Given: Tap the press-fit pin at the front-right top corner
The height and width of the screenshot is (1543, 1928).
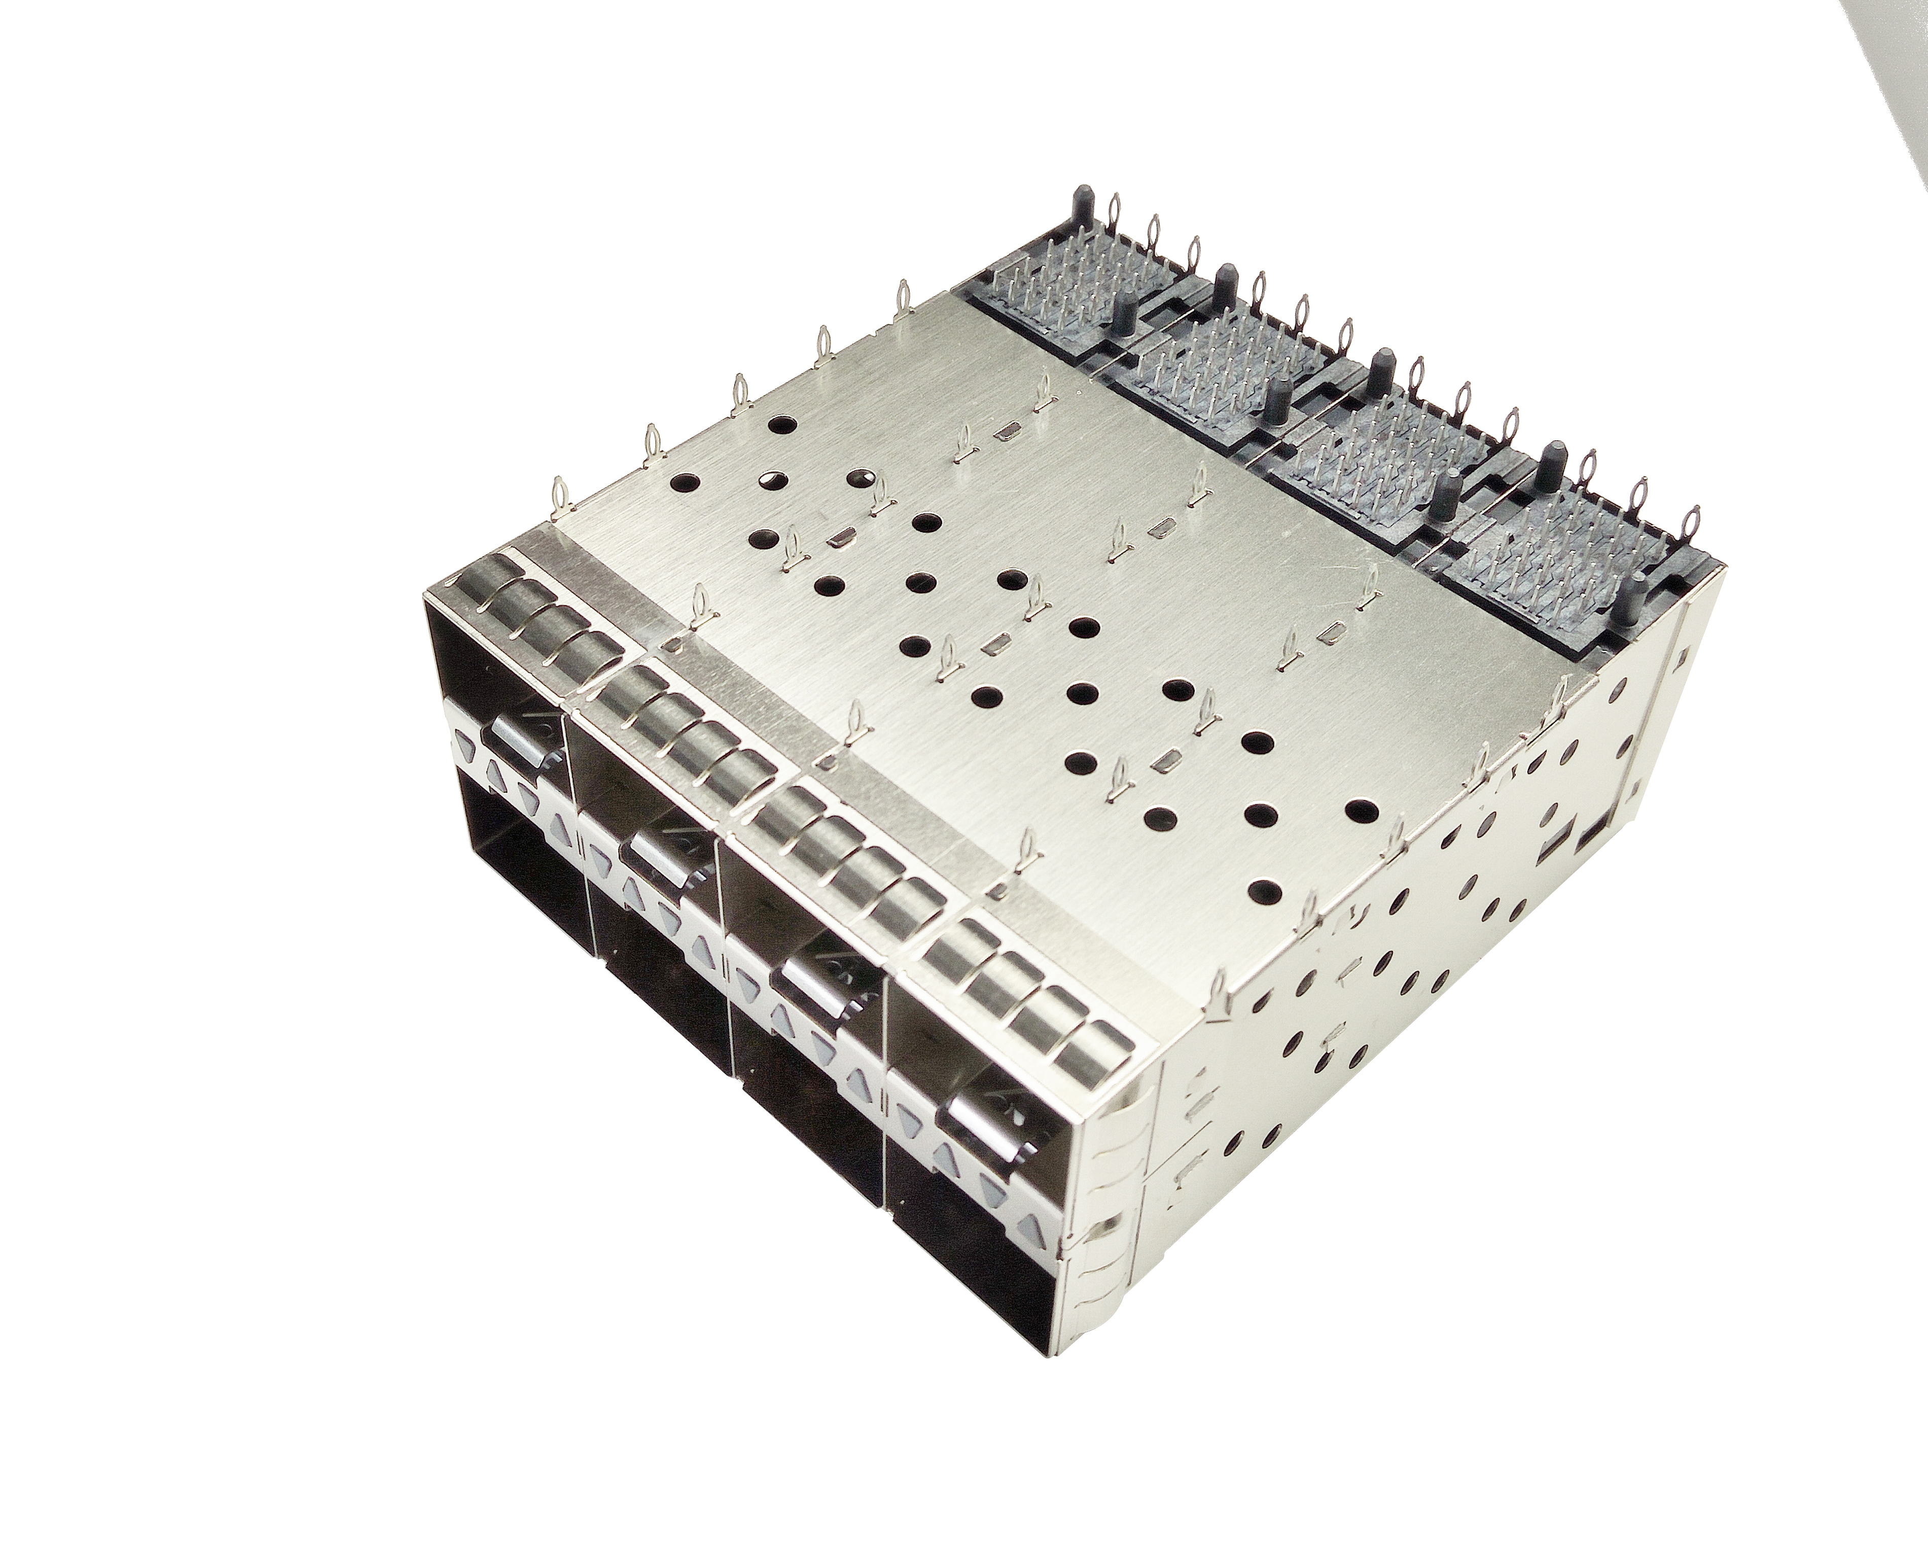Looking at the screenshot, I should (x=1216, y=993).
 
